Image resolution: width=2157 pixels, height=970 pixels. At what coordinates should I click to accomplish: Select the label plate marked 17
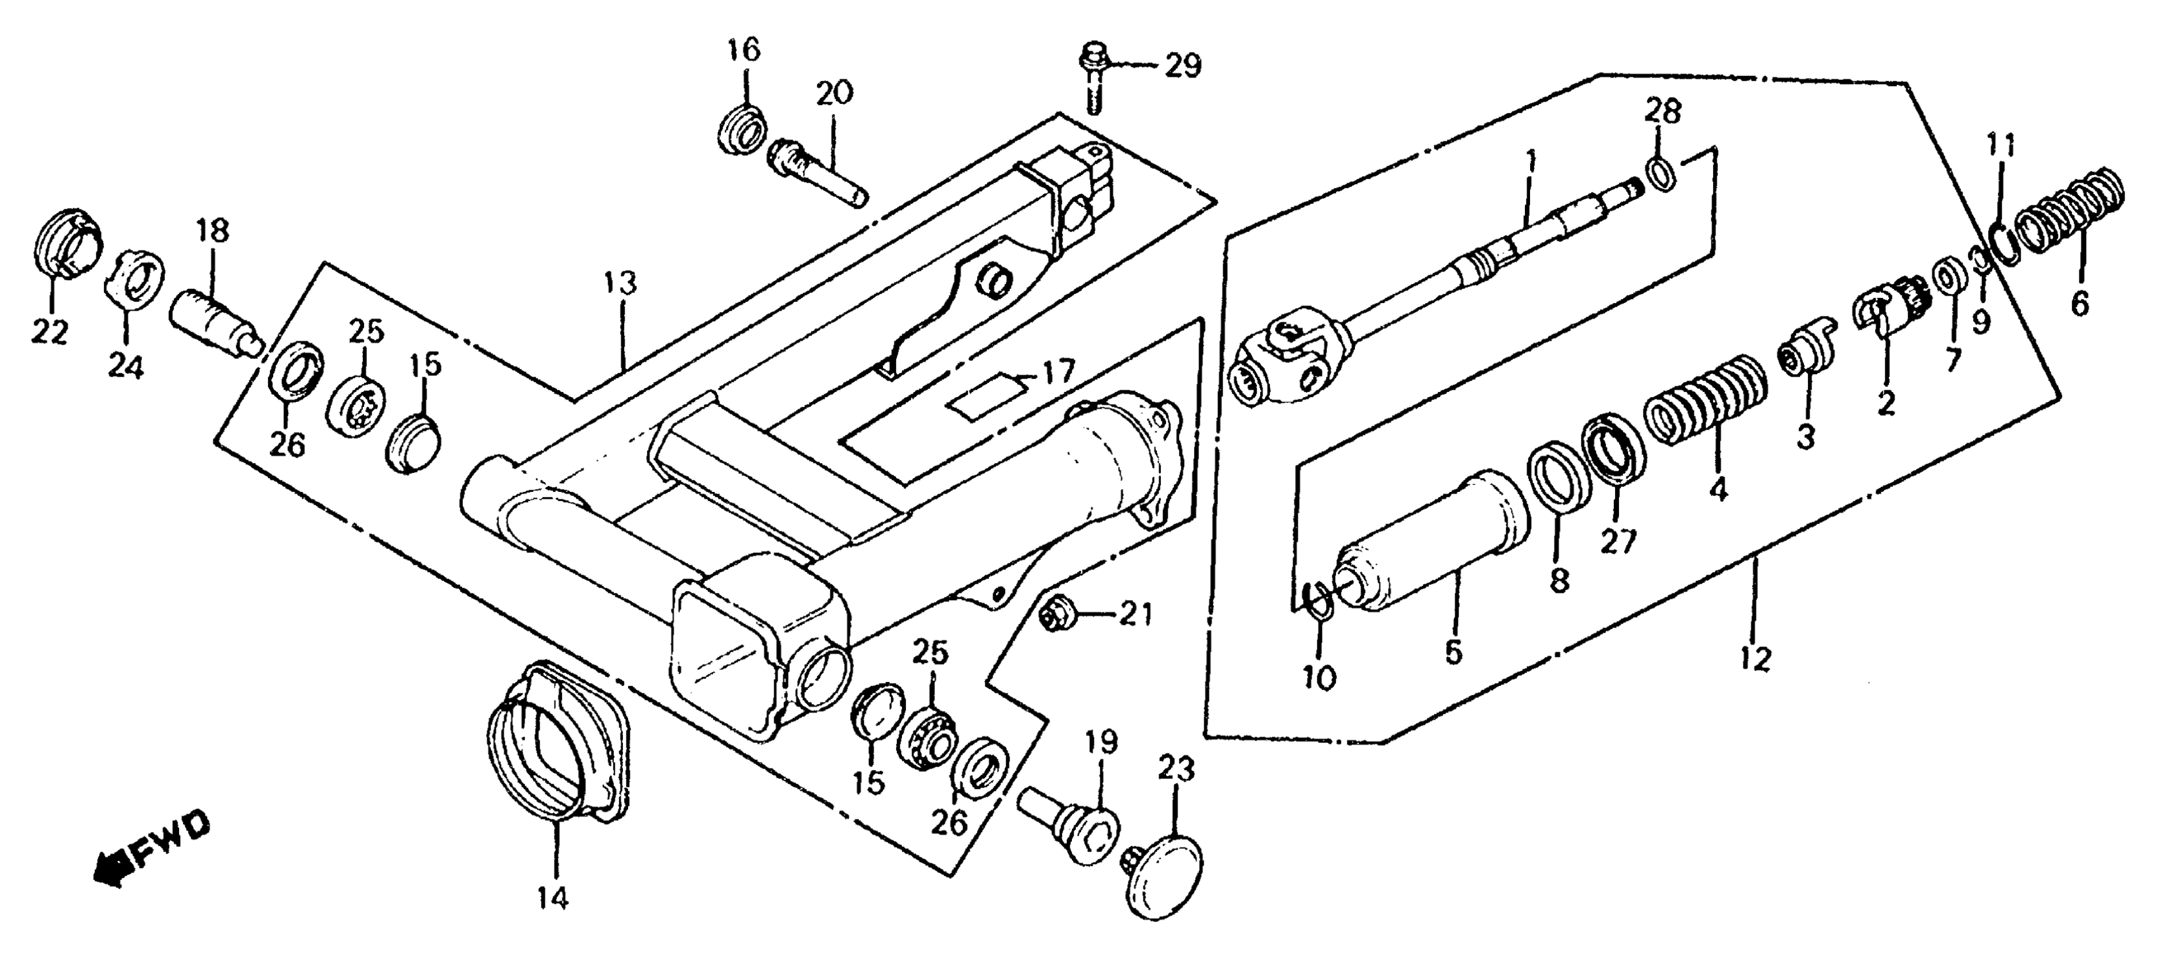tap(986, 397)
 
